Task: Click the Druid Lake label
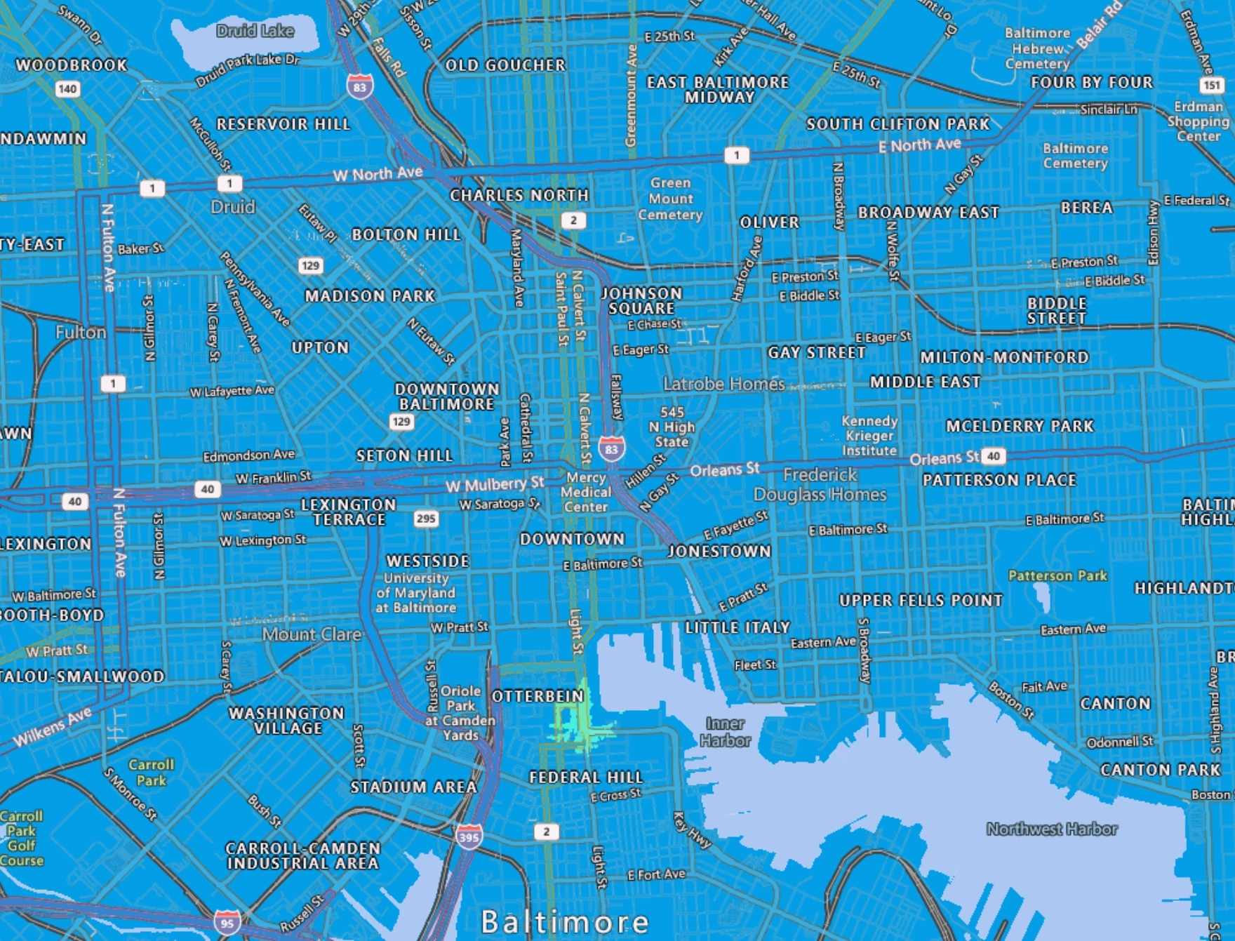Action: tap(255, 31)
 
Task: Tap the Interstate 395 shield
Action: tap(469, 836)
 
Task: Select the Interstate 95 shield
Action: tap(227, 923)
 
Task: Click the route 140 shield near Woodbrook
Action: tap(67, 89)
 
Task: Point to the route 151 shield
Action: tap(1211, 86)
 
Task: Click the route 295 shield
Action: tap(426, 519)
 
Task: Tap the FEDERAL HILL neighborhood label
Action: tap(586, 777)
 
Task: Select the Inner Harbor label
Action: tap(725, 731)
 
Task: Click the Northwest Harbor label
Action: tap(1051, 829)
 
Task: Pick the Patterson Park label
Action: tap(1057, 575)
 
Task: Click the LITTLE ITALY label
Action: tap(737, 627)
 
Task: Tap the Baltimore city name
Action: tap(564, 921)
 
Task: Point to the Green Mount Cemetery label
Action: tap(670, 199)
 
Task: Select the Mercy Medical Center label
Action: tap(585, 492)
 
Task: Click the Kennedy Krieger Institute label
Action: tap(869, 436)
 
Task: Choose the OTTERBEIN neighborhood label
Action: tap(538, 696)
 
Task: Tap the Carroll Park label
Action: tap(151, 772)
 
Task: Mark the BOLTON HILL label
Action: tap(406, 234)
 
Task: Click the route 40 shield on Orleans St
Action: tap(993, 456)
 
